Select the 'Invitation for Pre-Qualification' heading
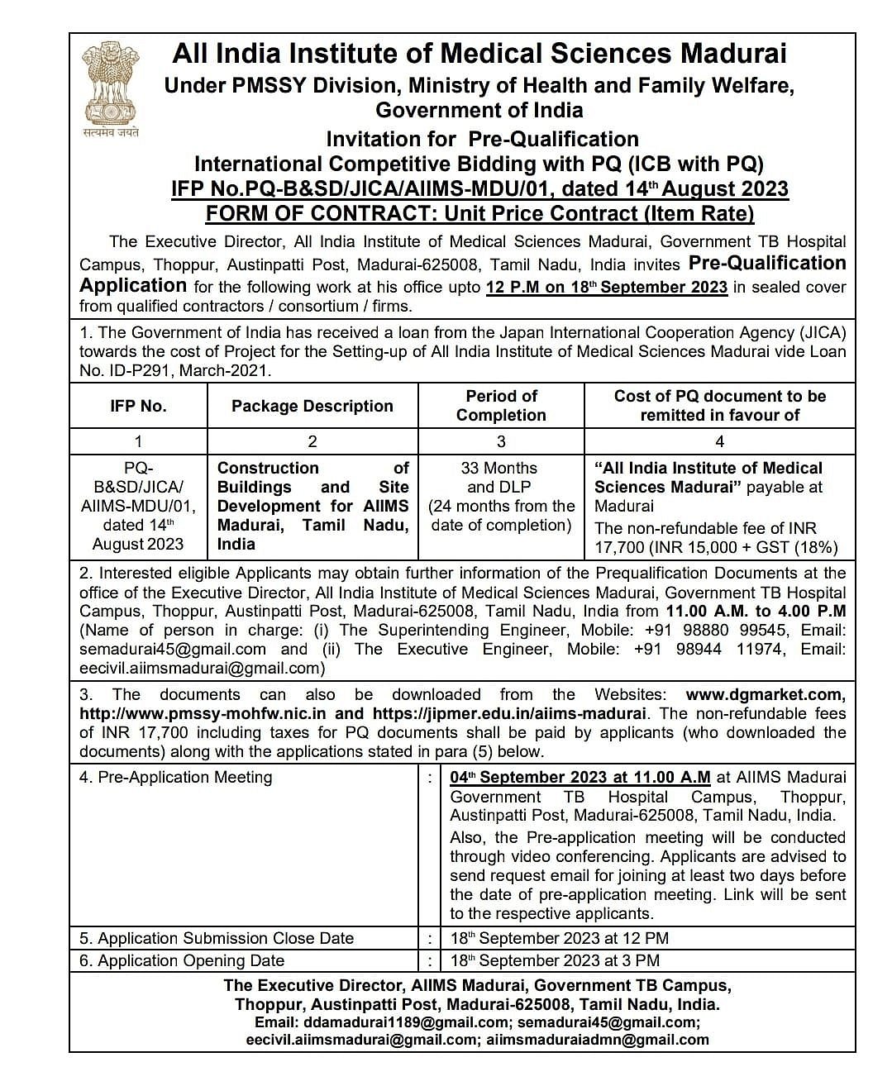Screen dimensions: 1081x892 point(482,139)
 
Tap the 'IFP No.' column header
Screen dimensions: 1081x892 point(138,406)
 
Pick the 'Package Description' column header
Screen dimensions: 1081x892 point(312,406)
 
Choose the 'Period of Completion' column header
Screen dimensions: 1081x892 point(501,406)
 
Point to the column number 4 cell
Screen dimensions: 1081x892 point(719,441)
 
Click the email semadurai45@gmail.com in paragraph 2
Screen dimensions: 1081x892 point(173,650)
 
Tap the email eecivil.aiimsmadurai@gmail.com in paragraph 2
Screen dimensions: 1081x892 point(199,669)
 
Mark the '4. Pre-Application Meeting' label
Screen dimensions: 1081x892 point(175,778)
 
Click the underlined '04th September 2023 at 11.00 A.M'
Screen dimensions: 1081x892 point(580,778)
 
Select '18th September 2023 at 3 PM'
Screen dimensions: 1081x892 point(555,961)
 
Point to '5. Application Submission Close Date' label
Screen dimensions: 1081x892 point(217,939)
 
